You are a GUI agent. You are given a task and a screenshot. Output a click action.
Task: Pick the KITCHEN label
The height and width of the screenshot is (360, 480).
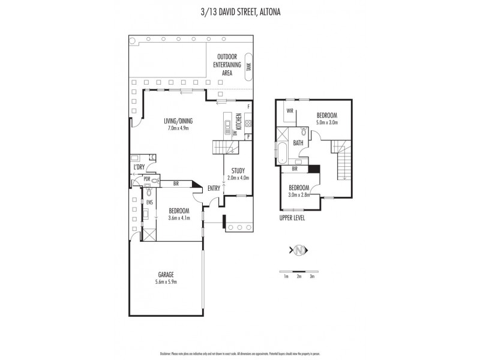[238, 122]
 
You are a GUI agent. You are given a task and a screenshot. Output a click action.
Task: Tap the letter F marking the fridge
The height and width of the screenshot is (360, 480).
[248, 106]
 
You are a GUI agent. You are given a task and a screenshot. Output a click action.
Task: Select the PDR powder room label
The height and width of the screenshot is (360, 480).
[146, 179]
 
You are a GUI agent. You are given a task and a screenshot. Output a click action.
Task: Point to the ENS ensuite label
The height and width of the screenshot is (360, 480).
[148, 203]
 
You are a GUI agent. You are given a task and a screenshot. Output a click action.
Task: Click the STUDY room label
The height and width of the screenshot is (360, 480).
[238, 170]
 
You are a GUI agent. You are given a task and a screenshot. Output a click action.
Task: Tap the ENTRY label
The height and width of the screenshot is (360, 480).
[214, 188]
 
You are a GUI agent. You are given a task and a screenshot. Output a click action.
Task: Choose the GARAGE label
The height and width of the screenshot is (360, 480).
[166, 275]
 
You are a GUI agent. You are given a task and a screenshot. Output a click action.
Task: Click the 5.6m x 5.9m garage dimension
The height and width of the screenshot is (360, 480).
[166, 281]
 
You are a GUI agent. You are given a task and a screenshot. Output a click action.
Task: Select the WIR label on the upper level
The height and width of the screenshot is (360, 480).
[289, 110]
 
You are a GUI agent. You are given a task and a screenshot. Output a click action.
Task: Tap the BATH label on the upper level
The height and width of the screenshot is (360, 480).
[298, 143]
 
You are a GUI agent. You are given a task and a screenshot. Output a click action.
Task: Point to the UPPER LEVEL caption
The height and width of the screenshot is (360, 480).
[292, 218]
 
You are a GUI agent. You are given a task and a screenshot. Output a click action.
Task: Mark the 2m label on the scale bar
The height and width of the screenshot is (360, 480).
[299, 277]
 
